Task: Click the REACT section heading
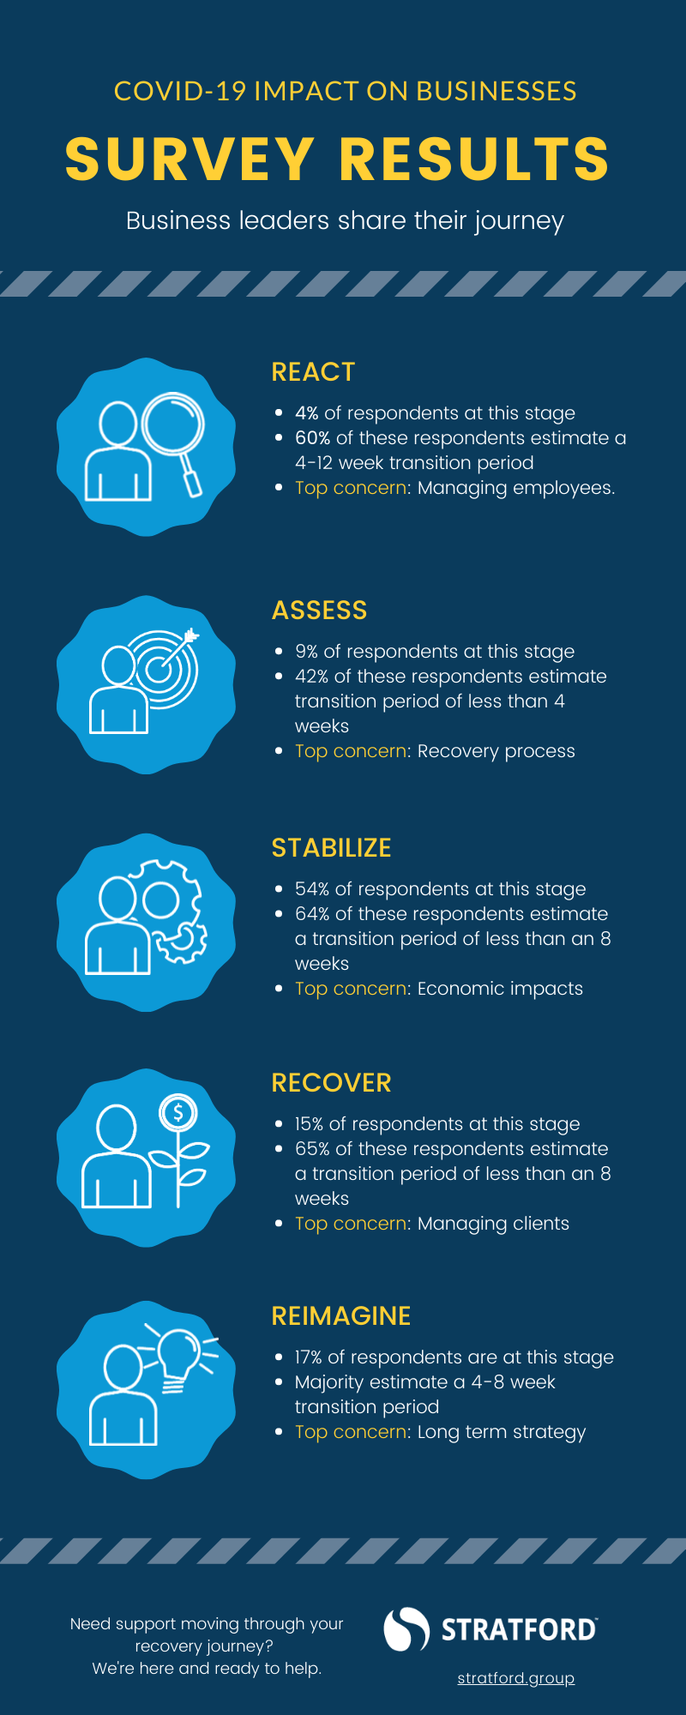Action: coord(313,372)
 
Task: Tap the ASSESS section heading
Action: coord(319,611)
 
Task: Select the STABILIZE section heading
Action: coord(331,848)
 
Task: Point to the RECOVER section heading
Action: coord(331,1083)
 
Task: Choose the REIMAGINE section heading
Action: coord(341,1316)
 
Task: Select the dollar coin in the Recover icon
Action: coord(178,1113)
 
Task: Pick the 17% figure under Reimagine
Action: coord(309,1357)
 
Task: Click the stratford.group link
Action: coord(516,1678)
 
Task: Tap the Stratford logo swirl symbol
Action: coord(406,1629)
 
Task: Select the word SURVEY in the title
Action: coord(190,159)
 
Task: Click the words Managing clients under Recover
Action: coord(493,1224)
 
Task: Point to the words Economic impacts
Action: coord(500,989)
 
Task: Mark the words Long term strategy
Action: coord(502,1433)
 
